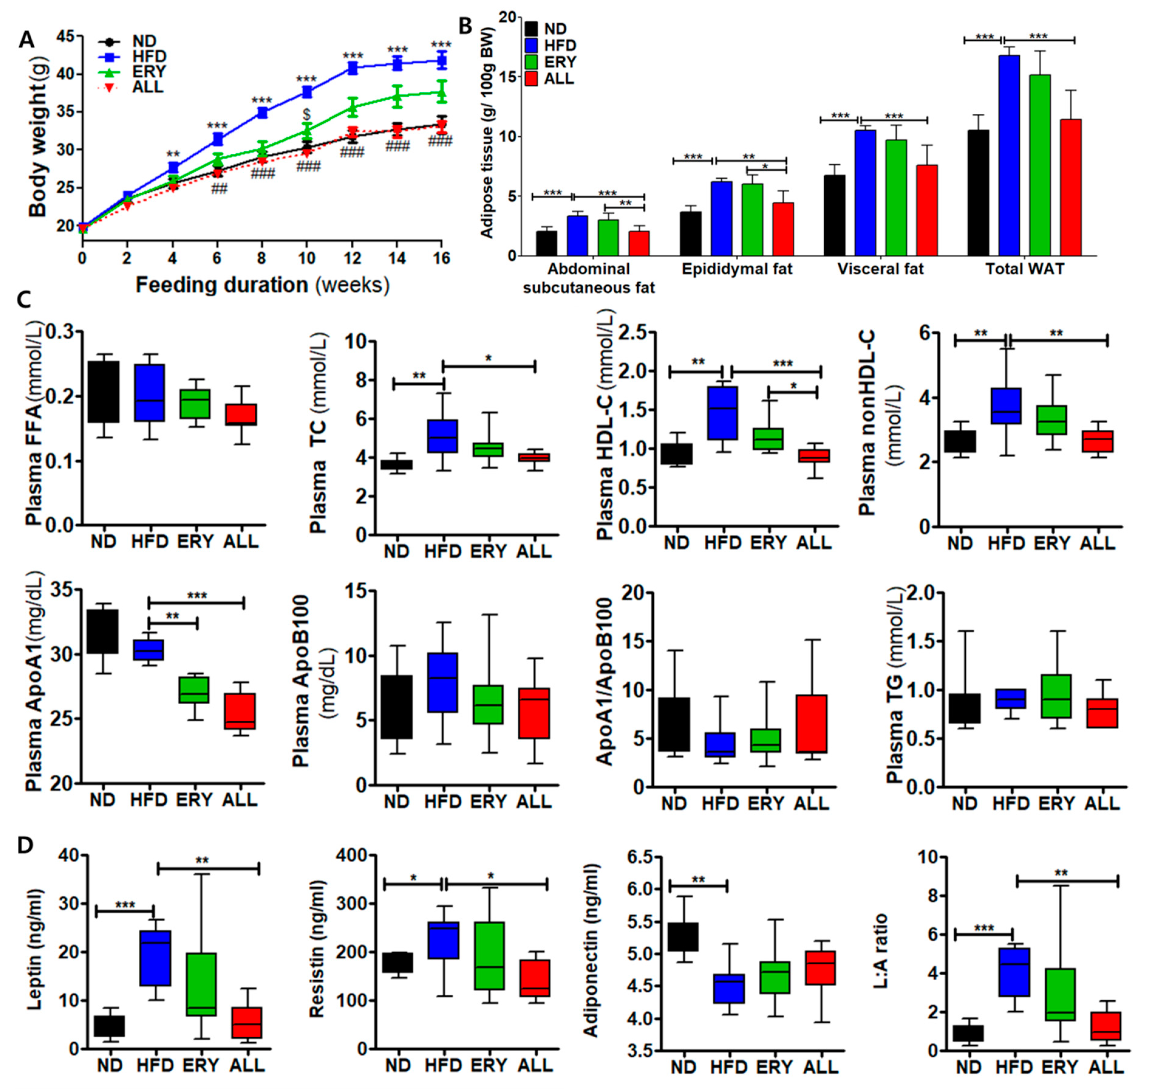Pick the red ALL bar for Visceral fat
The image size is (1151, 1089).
tap(927, 210)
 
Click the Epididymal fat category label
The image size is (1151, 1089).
tap(737, 269)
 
